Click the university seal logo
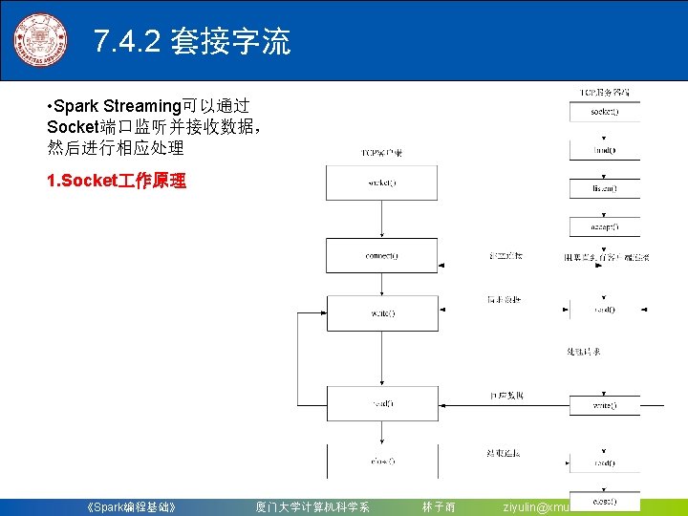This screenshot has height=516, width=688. coord(40,41)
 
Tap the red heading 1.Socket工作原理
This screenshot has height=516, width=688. coord(117,181)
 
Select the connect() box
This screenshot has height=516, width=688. coord(381,256)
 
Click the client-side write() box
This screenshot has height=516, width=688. coord(381,313)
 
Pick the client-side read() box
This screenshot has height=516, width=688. coord(381,403)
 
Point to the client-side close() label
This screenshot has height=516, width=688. coord(381,462)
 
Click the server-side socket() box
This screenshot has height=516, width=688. coord(605,111)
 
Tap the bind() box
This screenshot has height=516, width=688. coord(605,150)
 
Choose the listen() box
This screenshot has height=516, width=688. coord(605,188)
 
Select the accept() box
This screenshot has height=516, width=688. coord(605,227)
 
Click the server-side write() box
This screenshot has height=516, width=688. coord(605,405)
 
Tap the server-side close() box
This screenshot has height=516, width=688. coord(605,501)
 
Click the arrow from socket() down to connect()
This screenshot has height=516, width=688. coord(381,220)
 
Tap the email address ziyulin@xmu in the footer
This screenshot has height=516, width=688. coord(536,506)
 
